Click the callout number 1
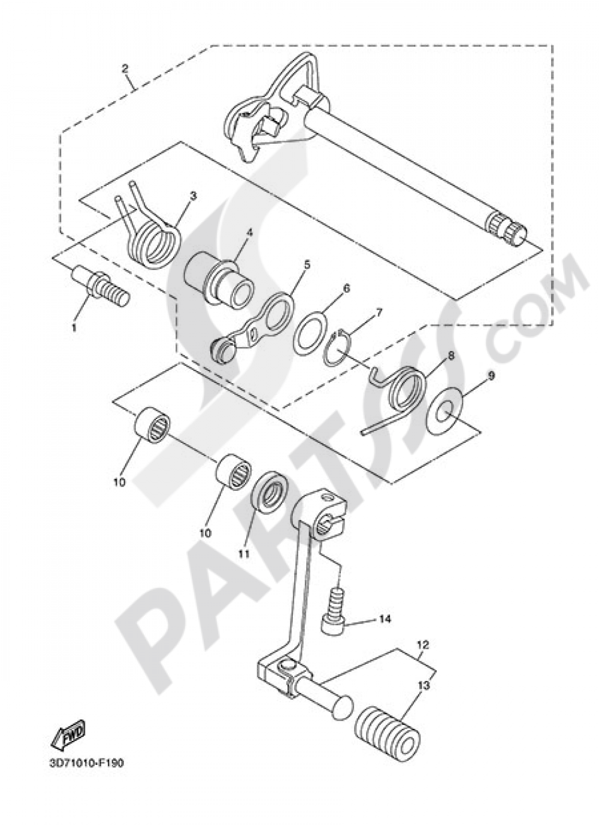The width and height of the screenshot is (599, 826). [74, 327]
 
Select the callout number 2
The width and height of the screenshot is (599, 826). [125, 69]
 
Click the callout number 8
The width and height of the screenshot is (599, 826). [450, 355]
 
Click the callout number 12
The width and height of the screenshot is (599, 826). [423, 646]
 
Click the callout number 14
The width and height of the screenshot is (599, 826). [384, 620]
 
